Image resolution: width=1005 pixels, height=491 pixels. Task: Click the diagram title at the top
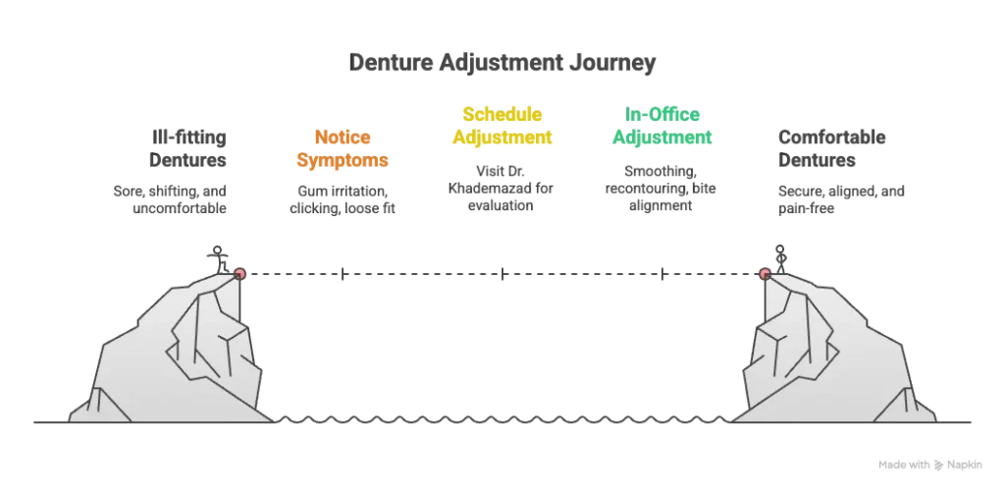tap(502, 62)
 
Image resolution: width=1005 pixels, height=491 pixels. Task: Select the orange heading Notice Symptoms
tap(343, 148)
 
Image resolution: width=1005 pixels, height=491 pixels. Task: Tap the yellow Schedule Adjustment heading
tap(502, 126)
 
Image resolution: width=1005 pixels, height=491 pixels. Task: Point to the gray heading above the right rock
tap(832, 147)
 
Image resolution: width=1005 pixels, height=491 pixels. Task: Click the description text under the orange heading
tap(343, 199)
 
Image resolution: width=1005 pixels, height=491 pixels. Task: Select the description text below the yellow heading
tap(502, 188)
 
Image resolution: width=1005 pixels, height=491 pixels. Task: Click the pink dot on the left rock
tap(239, 274)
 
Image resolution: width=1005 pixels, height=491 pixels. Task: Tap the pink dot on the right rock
tap(766, 274)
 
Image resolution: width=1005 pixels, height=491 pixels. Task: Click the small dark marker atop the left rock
tap(219, 256)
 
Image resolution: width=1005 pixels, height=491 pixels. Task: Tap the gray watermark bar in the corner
tap(928, 462)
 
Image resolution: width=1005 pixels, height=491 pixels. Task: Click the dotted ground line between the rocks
tap(502, 413)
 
